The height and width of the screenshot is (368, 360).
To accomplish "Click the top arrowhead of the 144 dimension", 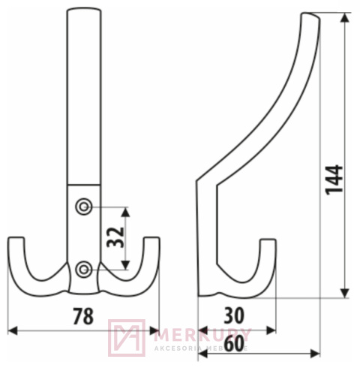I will click(x=345, y=17).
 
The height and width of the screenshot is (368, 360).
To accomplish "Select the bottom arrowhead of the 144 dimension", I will click(x=345, y=294).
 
